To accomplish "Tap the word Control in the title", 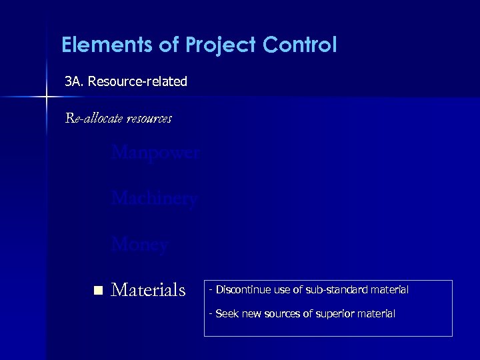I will (x=299, y=45).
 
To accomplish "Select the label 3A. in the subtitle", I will (x=74, y=81).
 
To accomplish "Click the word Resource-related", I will (x=137, y=81).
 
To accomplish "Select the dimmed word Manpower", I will (x=155, y=153).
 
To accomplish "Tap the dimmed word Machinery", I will (x=154, y=199).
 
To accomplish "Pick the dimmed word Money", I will (x=139, y=245).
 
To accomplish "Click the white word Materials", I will (x=148, y=290).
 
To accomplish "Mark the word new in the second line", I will (x=253, y=313).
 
